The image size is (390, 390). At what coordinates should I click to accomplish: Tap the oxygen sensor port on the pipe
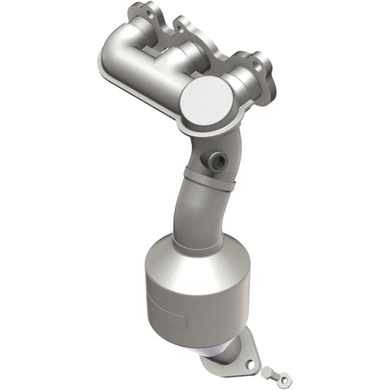point(215,160)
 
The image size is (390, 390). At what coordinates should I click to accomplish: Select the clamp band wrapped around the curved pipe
point(208,183)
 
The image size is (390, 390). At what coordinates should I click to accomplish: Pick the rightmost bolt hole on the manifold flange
point(258,66)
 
